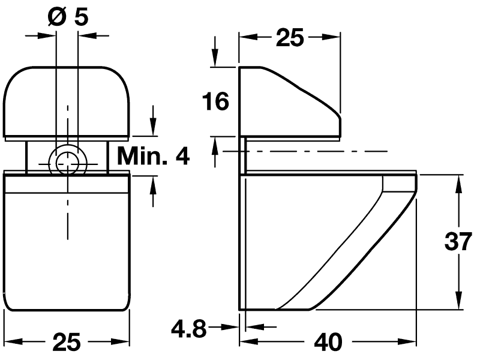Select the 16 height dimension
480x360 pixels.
(215, 101)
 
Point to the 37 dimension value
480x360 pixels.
(459, 242)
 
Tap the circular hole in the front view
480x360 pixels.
(67, 160)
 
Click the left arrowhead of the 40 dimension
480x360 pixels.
(247, 341)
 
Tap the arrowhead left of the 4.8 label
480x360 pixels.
(232, 328)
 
